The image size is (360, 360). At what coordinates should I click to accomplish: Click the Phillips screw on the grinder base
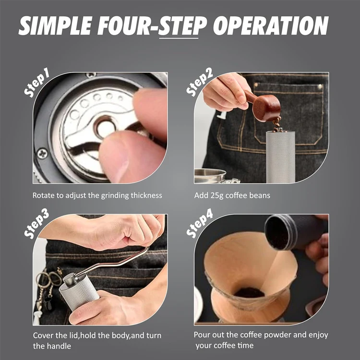pyautogui.click(x=42, y=155)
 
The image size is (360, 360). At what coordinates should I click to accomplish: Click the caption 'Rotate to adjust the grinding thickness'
pyautogui.click(x=97, y=195)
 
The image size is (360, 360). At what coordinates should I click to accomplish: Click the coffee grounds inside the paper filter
pyautogui.click(x=249, y=292)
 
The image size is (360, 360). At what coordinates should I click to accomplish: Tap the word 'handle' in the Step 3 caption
pyautogui.click(x=60, y=346)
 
